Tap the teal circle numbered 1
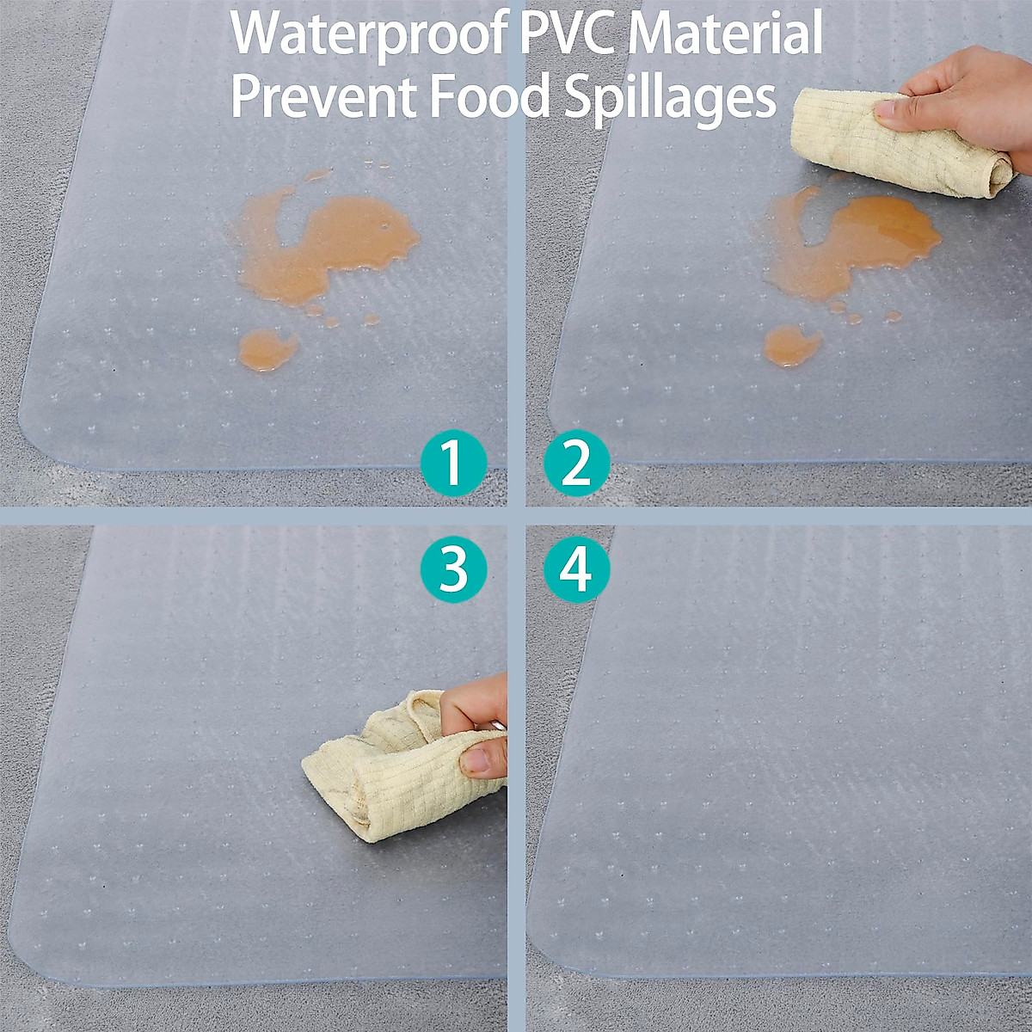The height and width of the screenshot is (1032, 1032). click(x=453, y=463)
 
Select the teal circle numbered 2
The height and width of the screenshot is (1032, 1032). click(x=577, y=463)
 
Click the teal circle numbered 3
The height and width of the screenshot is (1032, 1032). click(x=453, y=568)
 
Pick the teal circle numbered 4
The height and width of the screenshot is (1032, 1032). click(x=577, y=568)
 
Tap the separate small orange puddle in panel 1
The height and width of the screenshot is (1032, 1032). click(x=267, y=349)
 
